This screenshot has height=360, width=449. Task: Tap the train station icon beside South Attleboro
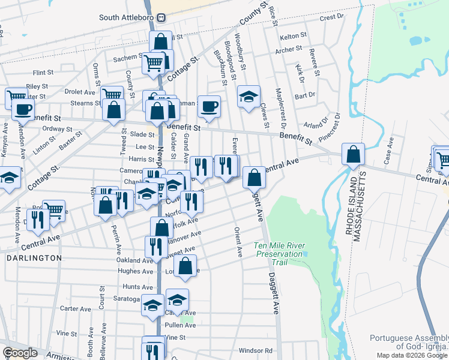(161, 17)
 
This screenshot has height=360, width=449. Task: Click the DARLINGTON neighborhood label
(34, 258)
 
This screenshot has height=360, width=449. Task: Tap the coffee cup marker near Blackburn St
(209, 106)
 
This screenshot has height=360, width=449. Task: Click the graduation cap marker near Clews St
(248, 97)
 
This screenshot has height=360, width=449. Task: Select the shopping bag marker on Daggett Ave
(255, 176)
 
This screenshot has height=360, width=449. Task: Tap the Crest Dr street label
(331, 18)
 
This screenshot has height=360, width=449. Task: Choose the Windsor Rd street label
(255, 350)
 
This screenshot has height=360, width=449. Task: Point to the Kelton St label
(293, 37)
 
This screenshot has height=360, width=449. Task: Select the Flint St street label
(44, 73)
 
